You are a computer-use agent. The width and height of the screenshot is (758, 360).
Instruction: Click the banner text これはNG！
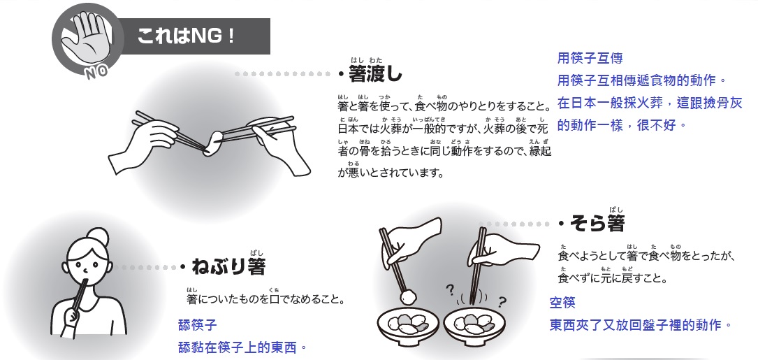[x=185, y=36]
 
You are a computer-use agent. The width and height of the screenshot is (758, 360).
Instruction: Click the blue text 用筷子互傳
[x=590, y=59]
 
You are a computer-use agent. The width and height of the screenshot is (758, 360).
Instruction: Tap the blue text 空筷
[x=563, y=303]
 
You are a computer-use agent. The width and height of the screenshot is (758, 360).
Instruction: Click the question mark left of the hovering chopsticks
[x=450, y=289]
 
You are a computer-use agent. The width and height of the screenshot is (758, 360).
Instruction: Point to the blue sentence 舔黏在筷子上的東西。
[x=243, y=347]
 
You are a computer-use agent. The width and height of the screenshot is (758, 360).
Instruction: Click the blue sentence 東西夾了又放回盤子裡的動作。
[x=641, y=326]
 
